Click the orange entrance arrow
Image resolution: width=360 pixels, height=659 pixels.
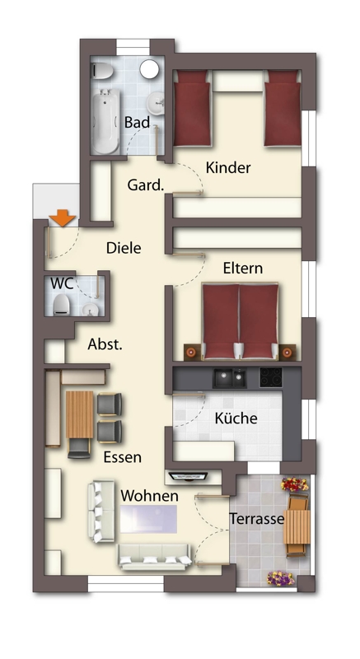click(x=62, y=218)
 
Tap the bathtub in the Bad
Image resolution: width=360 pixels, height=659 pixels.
click(x=105, y=121)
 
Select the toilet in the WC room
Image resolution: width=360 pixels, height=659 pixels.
click(x=62, y=304)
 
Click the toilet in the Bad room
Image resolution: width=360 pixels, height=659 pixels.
click(x=102, y=71)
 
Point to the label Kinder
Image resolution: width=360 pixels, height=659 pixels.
click(x=228, y=168)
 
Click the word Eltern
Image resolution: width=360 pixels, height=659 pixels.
click(x=243, y=269)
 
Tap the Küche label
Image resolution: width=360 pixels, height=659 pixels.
click(x=236, y=418)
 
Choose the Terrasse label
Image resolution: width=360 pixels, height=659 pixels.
click(x=256, y=519)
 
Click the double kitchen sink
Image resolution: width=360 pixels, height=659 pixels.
click(x=229, y=378)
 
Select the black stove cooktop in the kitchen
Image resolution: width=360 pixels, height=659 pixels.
click(x=271, y=377)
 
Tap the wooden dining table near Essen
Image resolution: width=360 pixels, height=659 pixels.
click(x=79, y=414)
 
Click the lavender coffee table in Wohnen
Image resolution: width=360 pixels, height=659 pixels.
click(x=149, y=519)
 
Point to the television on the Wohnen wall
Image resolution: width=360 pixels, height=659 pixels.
click(x=188, y=476)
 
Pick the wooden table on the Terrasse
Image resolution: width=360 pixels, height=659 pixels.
click(x=297, y=526)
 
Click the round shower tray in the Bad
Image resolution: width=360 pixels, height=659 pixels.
click(x=149, y=68)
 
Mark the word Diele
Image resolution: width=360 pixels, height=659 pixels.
click(x=124, y=248)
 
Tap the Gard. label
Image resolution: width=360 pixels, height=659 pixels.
click(x=145, y=185)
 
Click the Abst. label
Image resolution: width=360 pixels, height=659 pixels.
click(x=105, y=344)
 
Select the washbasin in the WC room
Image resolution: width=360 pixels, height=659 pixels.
click(x=91, y=310)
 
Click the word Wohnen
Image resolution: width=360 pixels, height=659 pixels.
click(x=150, y=496)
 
